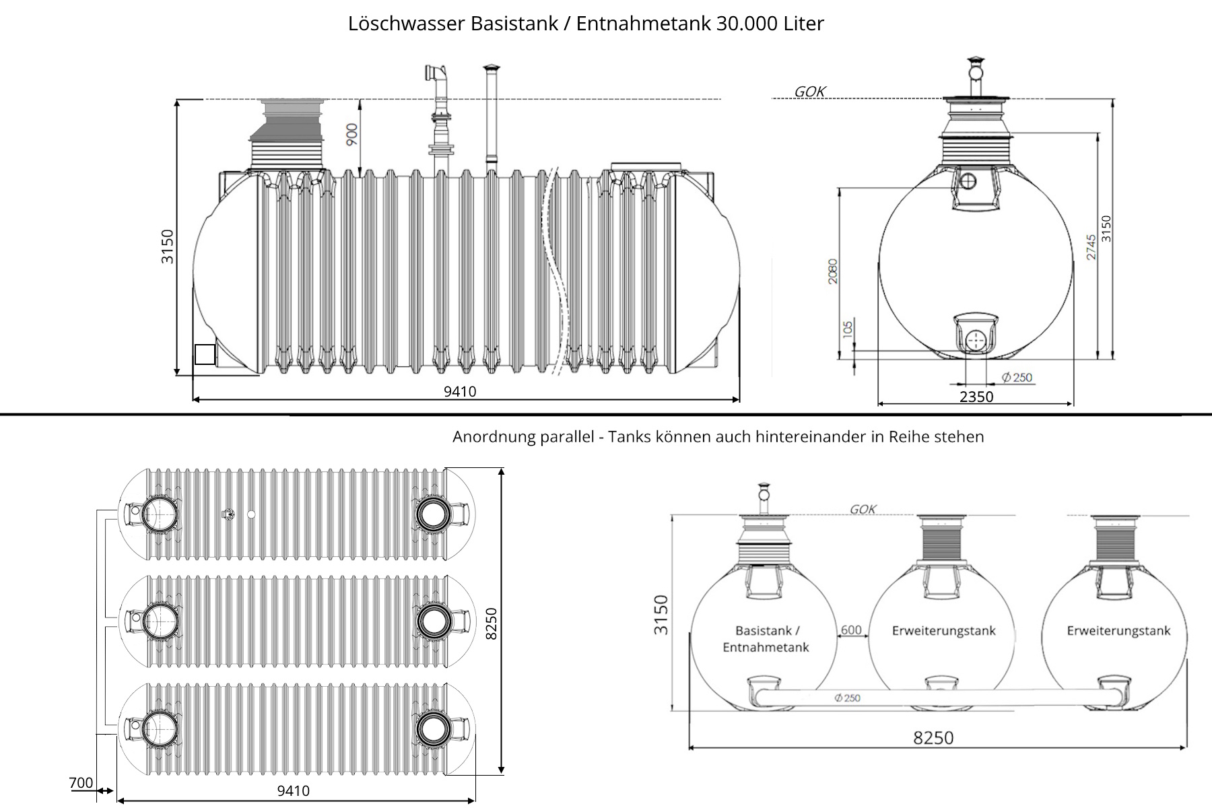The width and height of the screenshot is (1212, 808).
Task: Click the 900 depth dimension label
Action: (351, 134)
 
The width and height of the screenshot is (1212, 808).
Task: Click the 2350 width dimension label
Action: (976, 397)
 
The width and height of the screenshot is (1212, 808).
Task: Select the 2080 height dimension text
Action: (833, 271)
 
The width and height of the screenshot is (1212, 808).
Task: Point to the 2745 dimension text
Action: (1091, 247)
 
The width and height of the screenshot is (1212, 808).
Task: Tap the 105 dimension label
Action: (848, 329)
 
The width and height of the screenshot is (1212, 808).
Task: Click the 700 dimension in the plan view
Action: (81, 782)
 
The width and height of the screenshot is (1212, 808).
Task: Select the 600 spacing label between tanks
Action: (851, 630)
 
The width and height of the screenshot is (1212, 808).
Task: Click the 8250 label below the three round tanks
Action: (933, 738)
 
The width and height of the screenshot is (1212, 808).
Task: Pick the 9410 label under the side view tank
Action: (460, 391)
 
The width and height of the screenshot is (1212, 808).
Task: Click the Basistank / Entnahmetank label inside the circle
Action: (766, 639)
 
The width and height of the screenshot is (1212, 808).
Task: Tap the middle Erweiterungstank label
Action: (943, 631)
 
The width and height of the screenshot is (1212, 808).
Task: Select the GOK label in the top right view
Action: (809, 92)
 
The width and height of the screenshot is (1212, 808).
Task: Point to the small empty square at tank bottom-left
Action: (205, 354)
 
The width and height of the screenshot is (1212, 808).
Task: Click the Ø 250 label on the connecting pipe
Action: (847, 698)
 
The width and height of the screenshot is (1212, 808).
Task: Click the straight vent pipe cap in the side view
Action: (492, 67)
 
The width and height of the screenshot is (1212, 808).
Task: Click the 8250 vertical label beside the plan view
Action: (491, 624)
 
